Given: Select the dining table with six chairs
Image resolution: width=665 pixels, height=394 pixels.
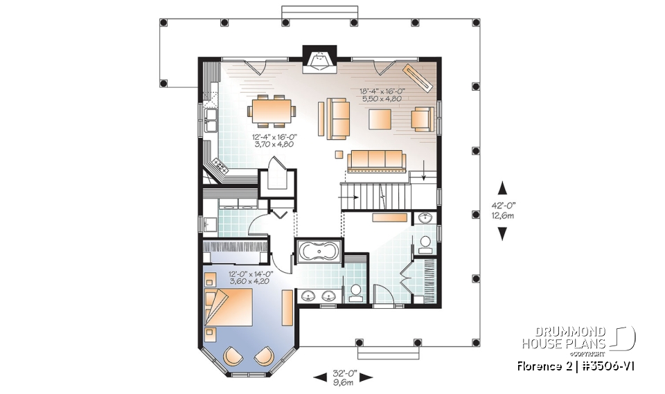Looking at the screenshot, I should tap(272, 109).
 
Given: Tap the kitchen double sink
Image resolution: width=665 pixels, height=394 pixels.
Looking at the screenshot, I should tap(211, 118).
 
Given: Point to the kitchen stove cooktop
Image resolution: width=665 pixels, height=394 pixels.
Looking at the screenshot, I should tap(221, 165).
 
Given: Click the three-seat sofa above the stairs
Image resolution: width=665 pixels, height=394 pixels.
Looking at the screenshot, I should tap(376, 160).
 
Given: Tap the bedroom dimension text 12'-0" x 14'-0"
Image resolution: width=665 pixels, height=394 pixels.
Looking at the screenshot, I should tap(251, 278).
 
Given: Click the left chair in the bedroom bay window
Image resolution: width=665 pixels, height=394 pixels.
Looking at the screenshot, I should tap(233, 356).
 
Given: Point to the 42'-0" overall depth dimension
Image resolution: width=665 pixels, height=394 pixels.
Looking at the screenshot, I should tap(504, 211).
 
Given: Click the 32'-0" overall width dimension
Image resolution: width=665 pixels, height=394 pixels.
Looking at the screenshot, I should tap(344, 377).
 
